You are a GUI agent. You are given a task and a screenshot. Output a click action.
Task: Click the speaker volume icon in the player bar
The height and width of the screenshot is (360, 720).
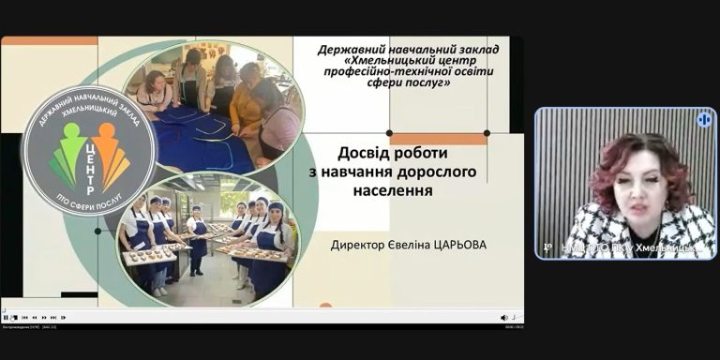click(503, 317)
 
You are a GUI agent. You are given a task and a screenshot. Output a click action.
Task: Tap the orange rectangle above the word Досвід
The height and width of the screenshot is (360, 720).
click(438, 139)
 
